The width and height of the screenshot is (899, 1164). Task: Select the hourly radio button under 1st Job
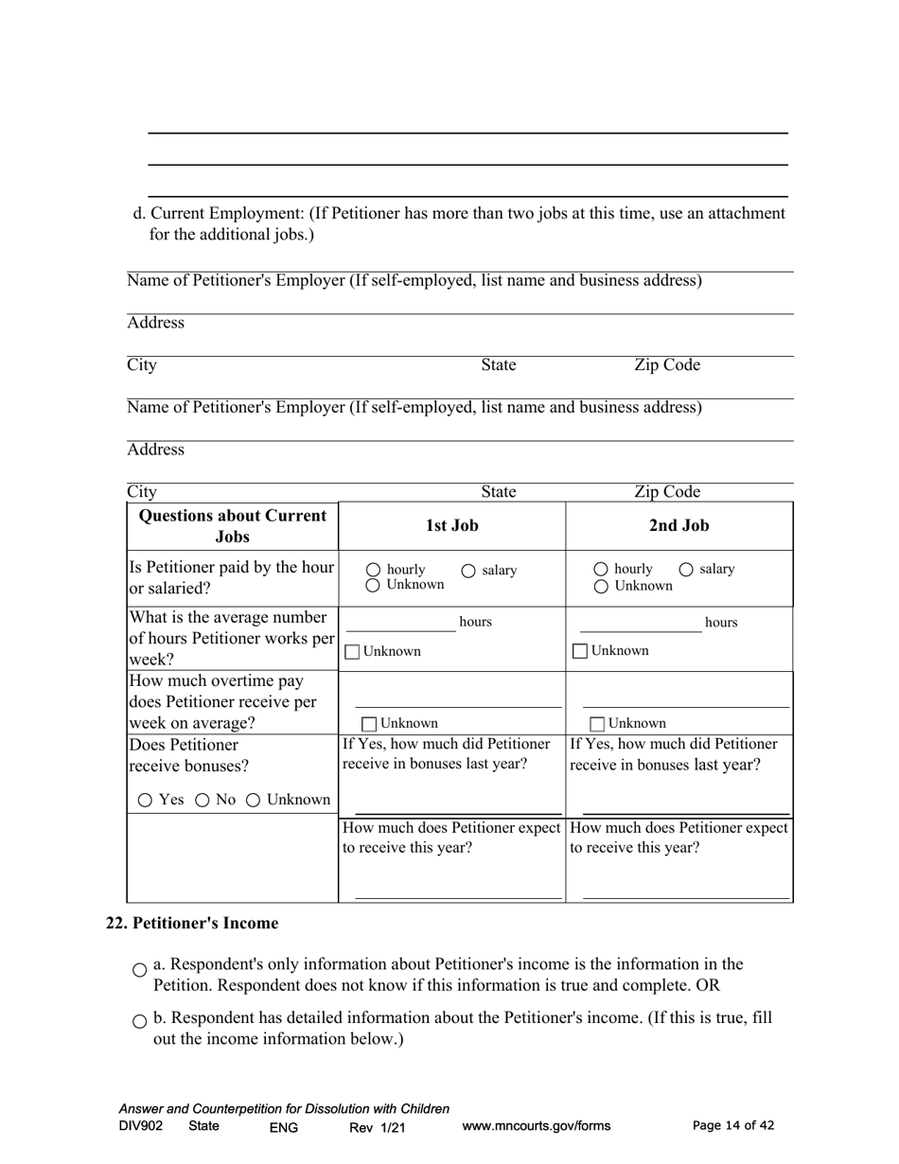tap(373, 571)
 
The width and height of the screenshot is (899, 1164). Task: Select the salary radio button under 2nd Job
tap(685, 570)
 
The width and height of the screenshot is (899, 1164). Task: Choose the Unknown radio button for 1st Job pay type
tap(373, 586)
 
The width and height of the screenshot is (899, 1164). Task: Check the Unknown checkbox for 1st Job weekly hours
tap(352, 652)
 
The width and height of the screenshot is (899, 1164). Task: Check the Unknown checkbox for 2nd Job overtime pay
tap(597, 724)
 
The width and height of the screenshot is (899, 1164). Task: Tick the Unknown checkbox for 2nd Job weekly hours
tap(580, 651)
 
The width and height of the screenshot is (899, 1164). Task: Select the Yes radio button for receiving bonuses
tap(145, 801)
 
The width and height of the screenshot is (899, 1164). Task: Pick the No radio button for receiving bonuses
tap(202, 801)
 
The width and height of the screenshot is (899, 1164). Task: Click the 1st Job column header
tap(451, 525)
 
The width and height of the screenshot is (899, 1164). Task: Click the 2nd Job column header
tap(679, 525)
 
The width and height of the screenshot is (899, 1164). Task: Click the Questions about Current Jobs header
tap(233, 526)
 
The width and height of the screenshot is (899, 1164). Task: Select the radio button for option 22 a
tap(140, 970)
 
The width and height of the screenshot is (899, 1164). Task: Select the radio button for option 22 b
tap(140, 1021)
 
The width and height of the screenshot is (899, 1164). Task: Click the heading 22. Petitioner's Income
tap(192, 923)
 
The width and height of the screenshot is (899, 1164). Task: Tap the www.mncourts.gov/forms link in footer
tap(536, 1126)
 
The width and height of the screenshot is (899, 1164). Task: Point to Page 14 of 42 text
tap(733, 1125)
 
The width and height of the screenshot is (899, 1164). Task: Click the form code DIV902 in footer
tap(141, 1126)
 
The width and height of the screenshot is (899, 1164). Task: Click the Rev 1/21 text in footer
tap(377, 1127)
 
